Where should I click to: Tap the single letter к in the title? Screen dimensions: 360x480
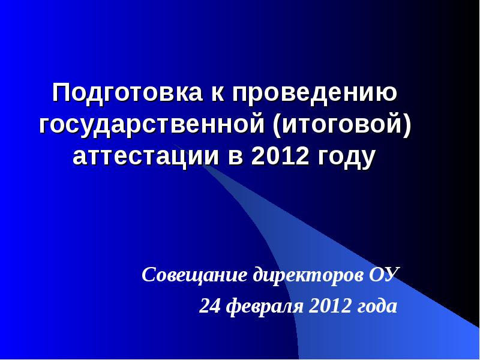pyautogui.click(x=215, y=94)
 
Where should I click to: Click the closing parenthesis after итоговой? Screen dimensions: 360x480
pyautogui.click(x=407, y=126)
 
